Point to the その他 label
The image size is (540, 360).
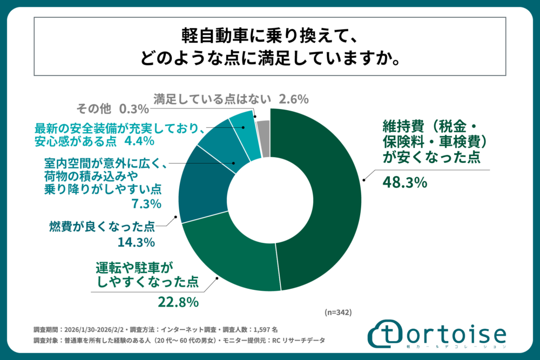(94, 109)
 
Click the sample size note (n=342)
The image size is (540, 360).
(338, 312)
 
